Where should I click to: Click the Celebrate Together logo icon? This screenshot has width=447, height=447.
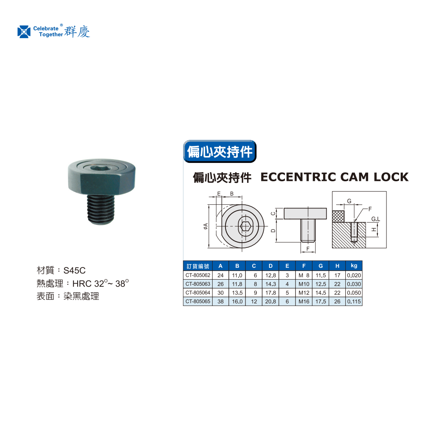[24, 32]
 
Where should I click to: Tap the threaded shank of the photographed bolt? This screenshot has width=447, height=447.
[101, 209]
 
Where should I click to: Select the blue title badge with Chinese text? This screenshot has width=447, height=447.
[220, 152]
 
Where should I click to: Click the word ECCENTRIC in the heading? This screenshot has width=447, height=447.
[299, 177]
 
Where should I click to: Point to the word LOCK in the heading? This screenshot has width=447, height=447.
[391, 177]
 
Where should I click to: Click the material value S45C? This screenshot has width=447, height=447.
[74, 270]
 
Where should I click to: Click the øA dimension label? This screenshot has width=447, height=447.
[206, 226]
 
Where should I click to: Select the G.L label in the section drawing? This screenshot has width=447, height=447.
[375, 219]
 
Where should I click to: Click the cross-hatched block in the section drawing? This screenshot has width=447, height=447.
[338, 216]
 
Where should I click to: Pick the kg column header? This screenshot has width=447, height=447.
[354, 266]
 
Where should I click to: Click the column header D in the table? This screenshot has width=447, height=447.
[271, 266]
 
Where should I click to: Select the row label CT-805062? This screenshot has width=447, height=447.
[198, 275]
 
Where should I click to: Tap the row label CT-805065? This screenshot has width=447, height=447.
[198, 302]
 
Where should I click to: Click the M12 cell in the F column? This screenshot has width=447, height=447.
[304, 293]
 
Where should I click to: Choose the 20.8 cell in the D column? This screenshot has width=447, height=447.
[271, 302]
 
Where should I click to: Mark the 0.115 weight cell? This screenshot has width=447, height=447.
[354, 302]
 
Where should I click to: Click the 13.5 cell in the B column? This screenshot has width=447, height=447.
[237, 293]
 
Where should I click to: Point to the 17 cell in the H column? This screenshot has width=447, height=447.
[337, 276]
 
